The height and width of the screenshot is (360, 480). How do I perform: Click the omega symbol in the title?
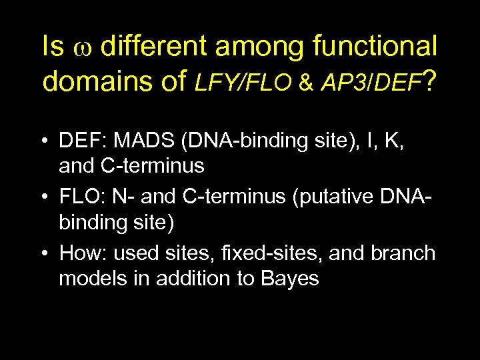(83, 49)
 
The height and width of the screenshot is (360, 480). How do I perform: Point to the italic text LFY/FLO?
(243, 82)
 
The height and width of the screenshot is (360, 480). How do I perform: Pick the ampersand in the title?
(306, 83)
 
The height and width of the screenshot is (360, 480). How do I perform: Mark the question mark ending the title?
(431, 81)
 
